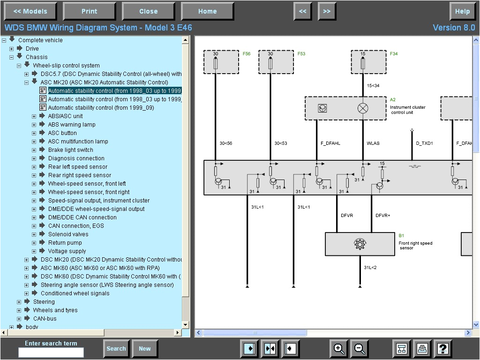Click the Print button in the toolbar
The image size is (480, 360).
[x=89, y=11]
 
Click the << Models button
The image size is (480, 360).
[x=30, y=11]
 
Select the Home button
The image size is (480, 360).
[x=207, y=11]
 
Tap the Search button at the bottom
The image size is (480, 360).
[x=116, y=348]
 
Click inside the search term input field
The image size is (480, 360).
[x=51, y=352]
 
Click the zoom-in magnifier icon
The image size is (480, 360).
[x=338, y=348]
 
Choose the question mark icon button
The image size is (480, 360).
[x=443, y=348]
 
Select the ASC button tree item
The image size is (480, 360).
[x=62, y=133]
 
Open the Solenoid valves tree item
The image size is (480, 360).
[x=68, y=234]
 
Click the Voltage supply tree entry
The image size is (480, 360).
[x=67, y=251]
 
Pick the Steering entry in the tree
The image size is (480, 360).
[x=44, y=302]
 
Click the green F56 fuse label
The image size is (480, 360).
[x=247, y=54]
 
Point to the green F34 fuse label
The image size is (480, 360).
[x=394, y=54]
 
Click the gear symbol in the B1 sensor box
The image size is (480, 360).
[x=360, y=244]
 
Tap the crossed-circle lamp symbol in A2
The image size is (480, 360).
[x=363, y=108]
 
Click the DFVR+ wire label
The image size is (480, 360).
[x=382, y=216]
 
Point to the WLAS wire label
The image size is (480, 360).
[x=373, y=143]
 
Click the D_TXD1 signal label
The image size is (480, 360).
[x=424, y=143]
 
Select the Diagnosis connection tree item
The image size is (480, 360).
[x=76, y=158]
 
